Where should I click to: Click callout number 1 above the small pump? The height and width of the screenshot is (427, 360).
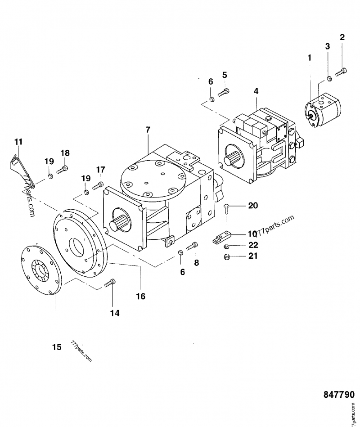pos(309,58)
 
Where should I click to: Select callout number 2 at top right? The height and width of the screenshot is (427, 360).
pos(342,37)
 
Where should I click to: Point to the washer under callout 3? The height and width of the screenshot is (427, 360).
pos(329,79)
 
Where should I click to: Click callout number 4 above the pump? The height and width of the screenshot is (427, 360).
pos(256,91)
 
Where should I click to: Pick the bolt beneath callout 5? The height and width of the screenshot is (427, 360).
pos(224,93)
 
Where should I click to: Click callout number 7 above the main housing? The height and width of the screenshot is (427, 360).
pos(148,130)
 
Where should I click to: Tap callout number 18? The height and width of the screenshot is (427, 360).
pos(65,153)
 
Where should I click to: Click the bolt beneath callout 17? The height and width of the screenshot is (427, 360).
pos(99,185)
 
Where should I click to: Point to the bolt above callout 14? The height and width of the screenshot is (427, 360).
pos(110,283)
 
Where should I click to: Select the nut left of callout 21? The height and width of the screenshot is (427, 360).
pos(228,257)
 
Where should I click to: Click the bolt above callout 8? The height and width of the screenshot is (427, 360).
pos(192,246)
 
